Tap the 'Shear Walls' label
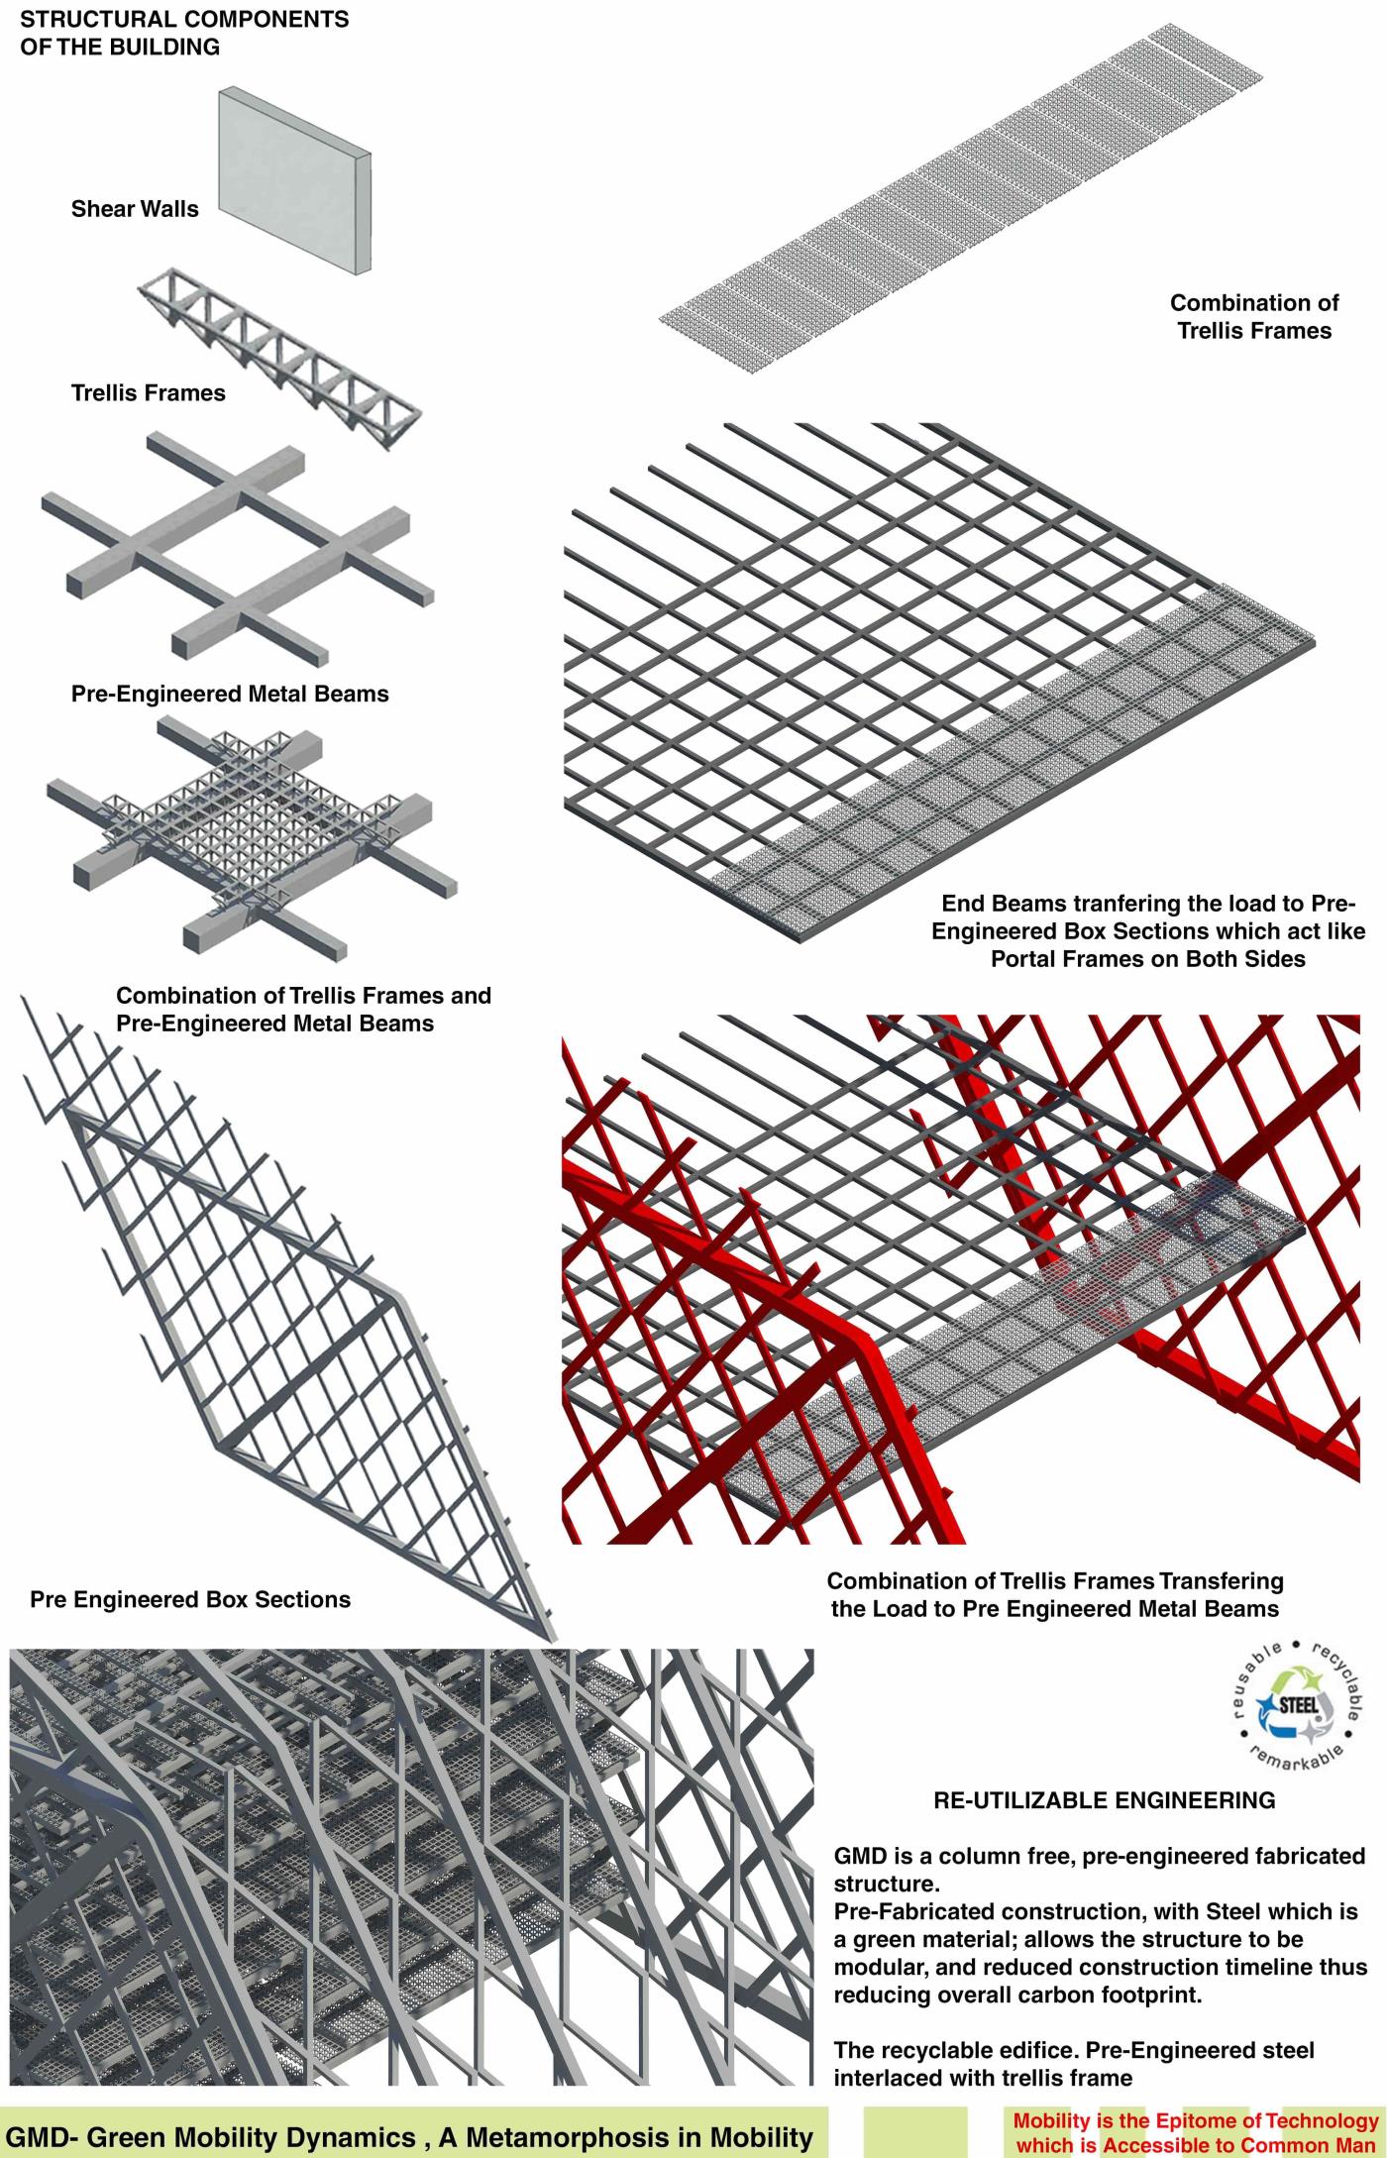click(x=135, y=209)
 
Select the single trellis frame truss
click(x=278, y=357)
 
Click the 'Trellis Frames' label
click(x=149, y=393)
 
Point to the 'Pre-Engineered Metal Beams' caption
click(x=230, y=694)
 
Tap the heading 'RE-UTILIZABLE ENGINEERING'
click(x=1105, y=1800)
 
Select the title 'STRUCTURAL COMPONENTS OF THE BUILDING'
click(x=184, y=33)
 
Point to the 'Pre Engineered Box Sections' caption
click(x=190, y=1599)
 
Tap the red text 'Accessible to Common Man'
click(x=1238, y=2146)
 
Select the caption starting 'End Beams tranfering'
click(x=1148, y=931)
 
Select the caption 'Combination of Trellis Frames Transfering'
click(x=1055, y=1581)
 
